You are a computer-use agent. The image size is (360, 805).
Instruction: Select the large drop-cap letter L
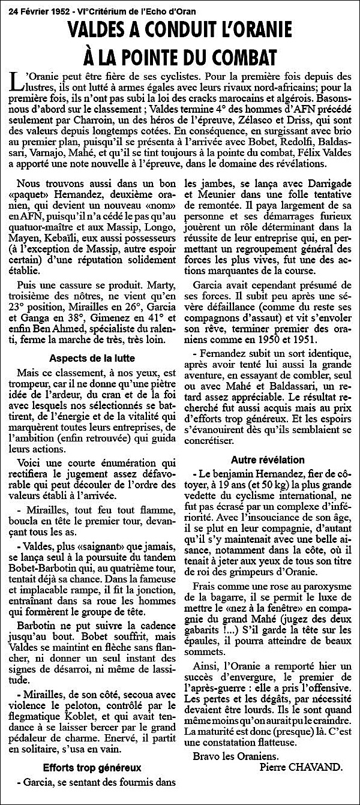click(x=16, y=82)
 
